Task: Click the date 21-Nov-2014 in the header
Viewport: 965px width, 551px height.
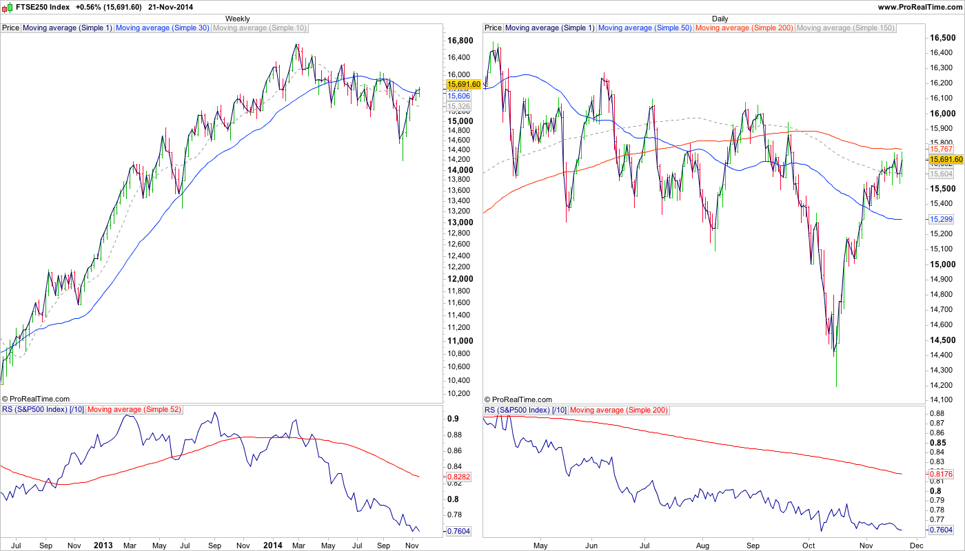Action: (x=171, y=7)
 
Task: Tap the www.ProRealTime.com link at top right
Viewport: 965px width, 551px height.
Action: (x=920, y=7)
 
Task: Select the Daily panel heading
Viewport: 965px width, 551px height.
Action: (x=720, y=19)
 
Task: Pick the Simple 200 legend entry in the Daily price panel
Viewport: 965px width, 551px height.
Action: (x=744, y=28)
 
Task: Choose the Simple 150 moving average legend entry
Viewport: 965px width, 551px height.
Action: (x=845, y=28)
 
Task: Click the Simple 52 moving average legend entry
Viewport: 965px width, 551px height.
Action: (x=134, y=410)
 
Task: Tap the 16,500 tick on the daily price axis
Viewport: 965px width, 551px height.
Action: (x=942, y=38)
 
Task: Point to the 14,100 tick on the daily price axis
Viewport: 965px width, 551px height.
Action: (x=942, y=400)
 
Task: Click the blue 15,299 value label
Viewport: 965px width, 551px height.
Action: (x=941, y=219)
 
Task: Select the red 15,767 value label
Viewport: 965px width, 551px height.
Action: (x=941, y=149)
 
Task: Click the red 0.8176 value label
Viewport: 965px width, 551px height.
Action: (x=941, y=474)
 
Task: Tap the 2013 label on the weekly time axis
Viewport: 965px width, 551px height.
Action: (x=103, y=545)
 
